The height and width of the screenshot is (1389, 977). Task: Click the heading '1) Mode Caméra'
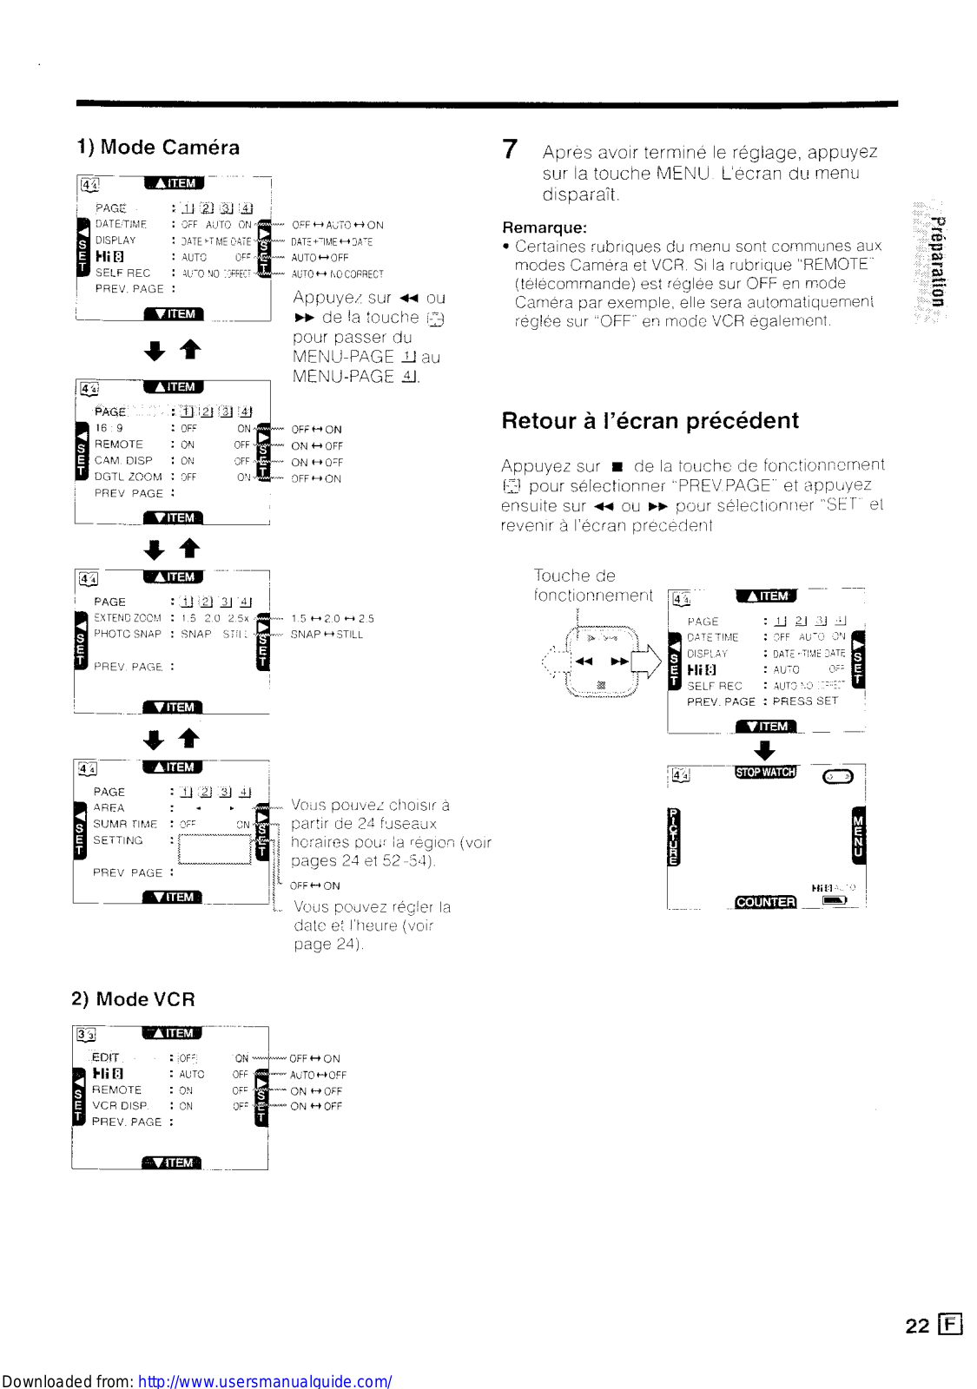pyautogui.click(x=158, y=148)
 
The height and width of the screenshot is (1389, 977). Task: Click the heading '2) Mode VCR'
pyautogui.click(x=133, y=999)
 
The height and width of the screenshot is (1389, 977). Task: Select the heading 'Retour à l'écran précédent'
pyautogui.click(x=650, y=421)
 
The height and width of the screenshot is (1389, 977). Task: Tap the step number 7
pyautogui.click(x=510, y=149)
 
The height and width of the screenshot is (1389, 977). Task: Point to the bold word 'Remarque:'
pyautogui.click(x=545, y=227)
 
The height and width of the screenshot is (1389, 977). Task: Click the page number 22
pyautogui.click(x=917, y=1326)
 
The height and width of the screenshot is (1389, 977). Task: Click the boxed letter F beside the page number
pyautogui.click(x=951, y=1325)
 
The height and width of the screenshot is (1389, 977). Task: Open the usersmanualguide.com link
pyautogui.click(x=265, y=1381)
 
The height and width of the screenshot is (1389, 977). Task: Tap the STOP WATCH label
pyautogui.click(x=765, y=772)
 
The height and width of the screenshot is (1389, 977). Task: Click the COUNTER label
pyautogui.click(x=765, y=902)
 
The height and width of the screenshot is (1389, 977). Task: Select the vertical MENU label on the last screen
pyautogui.click(x=858, y=836)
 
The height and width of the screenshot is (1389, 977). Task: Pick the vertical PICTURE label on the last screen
pyautogui.click(x=675, y=837)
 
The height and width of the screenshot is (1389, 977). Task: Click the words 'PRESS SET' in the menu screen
pyautogui.click(x=805, y=701)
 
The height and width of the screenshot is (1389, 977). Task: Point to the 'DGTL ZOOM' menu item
pyautogui.click(x=128, y=477)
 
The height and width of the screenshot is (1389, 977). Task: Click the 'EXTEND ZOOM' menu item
pyautogui.click(x=127, y=618)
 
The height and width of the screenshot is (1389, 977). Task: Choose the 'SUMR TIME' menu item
pyautogui.click(x=125, y=824)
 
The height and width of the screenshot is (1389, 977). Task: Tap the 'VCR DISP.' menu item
pyautogui.click(x=120, y=1106)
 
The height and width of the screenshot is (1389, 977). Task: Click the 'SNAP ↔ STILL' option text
pyautogui.click(x=327, y=635)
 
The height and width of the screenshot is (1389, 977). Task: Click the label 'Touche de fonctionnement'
pyautogui.click(x=592, y=585)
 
